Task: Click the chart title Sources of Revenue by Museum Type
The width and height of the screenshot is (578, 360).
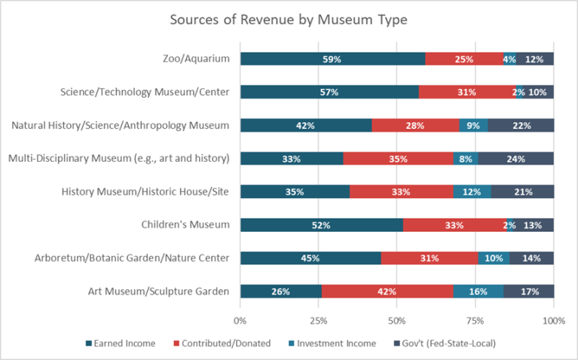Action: (289, 20)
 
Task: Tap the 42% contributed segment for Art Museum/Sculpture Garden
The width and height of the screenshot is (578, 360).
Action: (387, 291)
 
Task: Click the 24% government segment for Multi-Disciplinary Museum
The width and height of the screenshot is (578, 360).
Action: (515, 158)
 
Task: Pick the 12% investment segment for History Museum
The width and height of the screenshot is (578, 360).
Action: (472, 191)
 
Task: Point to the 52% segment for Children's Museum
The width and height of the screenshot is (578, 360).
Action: (322, 224)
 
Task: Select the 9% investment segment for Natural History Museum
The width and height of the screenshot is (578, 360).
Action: (473, 125)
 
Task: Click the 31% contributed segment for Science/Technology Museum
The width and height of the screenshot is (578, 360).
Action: (467, 92)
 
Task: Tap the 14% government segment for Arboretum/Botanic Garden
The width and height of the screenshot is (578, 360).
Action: (531, 258)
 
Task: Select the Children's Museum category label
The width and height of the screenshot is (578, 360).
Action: (185, 224)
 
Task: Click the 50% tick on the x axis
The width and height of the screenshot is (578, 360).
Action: (397, 321)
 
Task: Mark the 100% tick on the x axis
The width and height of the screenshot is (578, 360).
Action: (553, 321)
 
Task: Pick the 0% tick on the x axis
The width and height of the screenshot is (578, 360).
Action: (240, 321)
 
